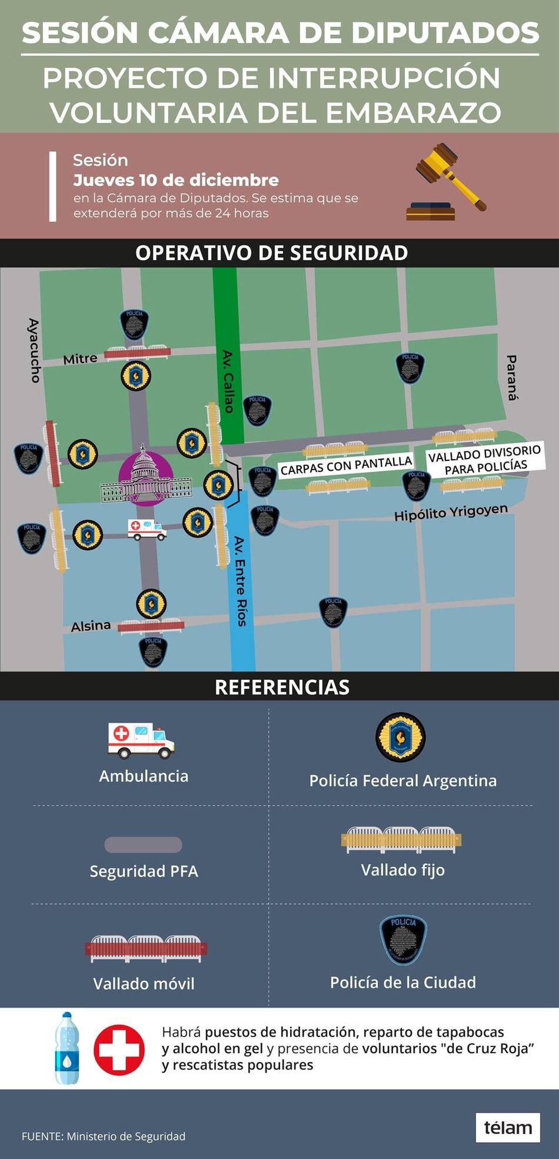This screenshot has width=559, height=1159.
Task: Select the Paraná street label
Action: tap(513, 377)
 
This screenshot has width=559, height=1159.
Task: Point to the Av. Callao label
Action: tap(228, 381)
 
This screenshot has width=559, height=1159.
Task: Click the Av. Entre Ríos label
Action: tap(240, 580)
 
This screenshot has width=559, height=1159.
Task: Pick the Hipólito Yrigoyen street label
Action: tap(451, 512)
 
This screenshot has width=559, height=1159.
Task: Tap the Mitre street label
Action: tap(80, 358)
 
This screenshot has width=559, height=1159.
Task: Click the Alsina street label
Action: tap(91, 626)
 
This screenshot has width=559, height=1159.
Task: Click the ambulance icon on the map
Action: tap(147, 529)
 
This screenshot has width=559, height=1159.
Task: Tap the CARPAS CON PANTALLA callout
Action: tap(345, 466)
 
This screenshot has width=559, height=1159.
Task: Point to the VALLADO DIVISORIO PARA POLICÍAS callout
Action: tap(485, 460)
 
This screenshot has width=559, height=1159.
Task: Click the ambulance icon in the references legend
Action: tap(141, 740)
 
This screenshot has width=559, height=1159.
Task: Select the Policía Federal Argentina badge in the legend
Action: tap(401, 737)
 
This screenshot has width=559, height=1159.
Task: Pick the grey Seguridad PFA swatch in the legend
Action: tap(143, 845)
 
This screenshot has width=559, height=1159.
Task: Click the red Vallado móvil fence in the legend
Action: tap(146, 948)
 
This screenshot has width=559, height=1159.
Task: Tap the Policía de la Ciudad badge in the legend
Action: tap(403, 940)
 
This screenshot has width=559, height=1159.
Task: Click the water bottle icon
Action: tap(67, 1048)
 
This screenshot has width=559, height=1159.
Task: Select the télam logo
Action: tap(507, 1127)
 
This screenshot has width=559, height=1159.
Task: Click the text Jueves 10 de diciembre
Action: tap(175, 180)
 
